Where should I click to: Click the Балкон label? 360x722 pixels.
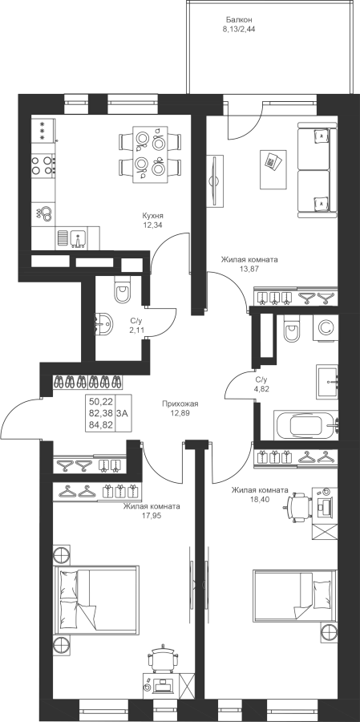[239, 20]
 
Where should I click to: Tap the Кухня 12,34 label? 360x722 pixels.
[153, 220]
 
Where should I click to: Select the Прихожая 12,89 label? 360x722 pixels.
[180, 408]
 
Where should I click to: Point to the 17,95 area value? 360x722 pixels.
[152, 515]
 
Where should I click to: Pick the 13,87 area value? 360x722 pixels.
[249, 268]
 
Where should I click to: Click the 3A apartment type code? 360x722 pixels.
[123, 413]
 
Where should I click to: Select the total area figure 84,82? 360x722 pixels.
[100, 424]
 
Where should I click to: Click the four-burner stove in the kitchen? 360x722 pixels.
[43, 165]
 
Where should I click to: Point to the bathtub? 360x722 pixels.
[306, 426]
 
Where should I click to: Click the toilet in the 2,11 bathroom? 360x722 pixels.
[123, 288]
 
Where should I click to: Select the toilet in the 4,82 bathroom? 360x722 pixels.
[292, 328]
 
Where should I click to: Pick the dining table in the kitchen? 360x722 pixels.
[150, 154]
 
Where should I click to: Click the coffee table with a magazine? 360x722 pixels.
[273, 168]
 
